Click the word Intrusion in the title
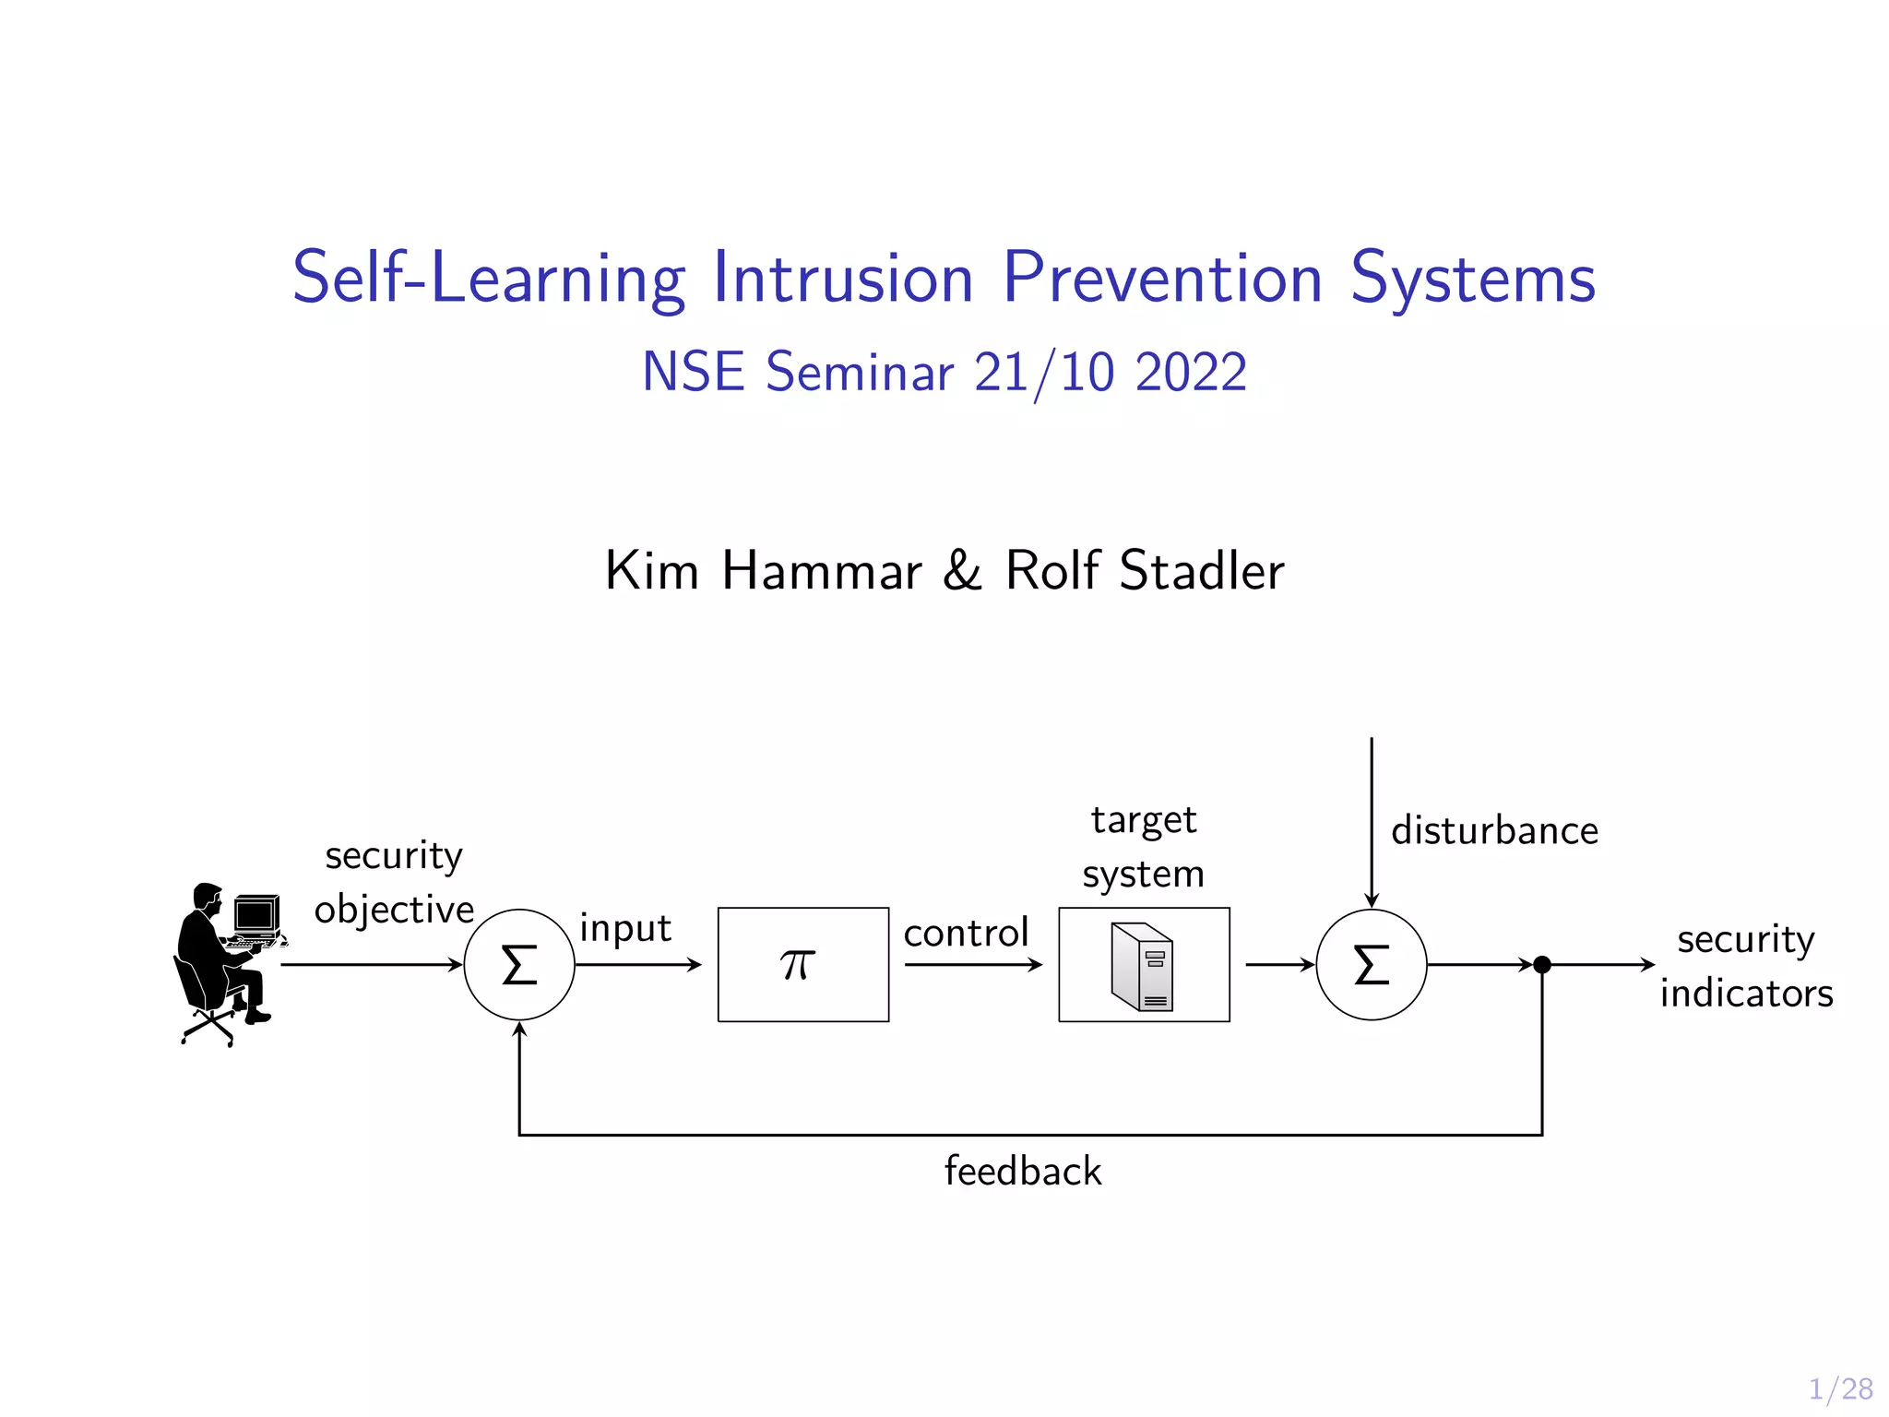point(843,278)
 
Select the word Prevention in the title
point(1162,278)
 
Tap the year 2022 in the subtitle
point(1191,373)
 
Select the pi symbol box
point(802,965)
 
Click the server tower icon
point(1143,967)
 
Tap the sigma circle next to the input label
point(519,965)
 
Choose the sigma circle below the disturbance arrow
point(1371,965)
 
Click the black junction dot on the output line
point(1541,965)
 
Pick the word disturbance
point(1494,831)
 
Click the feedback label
point(1023,1172)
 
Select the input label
point(625,928)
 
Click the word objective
point(394,911)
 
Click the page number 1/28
point(1840,1389)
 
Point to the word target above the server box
point(1144,820)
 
